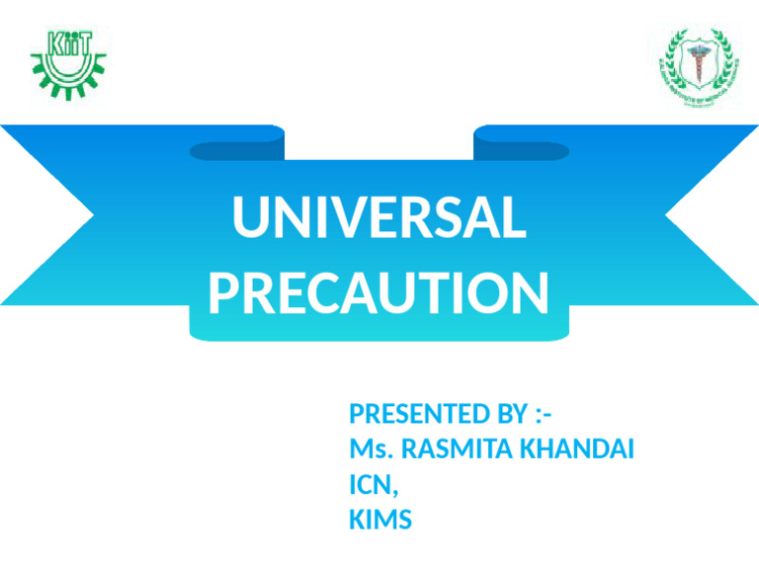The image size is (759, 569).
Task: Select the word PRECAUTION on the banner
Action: pos(379,293)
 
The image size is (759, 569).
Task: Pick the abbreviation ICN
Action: pos(370,485)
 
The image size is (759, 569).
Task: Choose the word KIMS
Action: pos(380,520)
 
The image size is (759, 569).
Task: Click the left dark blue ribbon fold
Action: pos(237,148)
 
